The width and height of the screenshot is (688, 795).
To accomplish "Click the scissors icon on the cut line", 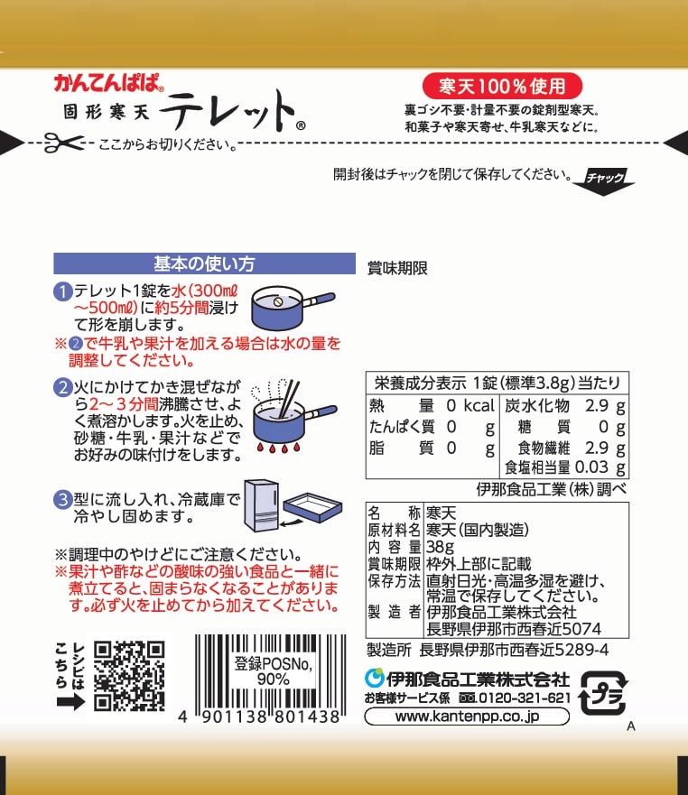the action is [64, 143].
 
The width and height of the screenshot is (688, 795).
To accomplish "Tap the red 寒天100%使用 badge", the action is [502, 87].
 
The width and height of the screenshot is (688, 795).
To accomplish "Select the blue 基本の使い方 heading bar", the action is [204, 263].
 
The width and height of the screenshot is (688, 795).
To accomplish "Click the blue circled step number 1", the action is [63, 291].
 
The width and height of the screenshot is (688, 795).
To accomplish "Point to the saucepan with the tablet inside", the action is [293, 307].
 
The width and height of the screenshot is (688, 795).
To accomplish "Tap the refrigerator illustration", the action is [262, 505].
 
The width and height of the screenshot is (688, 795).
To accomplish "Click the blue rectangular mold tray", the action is [312, 507].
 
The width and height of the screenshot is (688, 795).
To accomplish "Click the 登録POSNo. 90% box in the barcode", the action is [274, 670].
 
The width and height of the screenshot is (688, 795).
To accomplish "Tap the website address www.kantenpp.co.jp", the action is [467, 716].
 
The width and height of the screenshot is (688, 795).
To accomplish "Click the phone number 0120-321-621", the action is [525, 698].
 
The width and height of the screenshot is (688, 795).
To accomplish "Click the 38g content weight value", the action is [440, 547].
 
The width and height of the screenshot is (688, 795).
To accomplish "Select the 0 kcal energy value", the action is [470, 405].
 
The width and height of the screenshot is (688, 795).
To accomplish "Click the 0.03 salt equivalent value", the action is [591, 467].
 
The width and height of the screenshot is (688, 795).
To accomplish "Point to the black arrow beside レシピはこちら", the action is [70, 702].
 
